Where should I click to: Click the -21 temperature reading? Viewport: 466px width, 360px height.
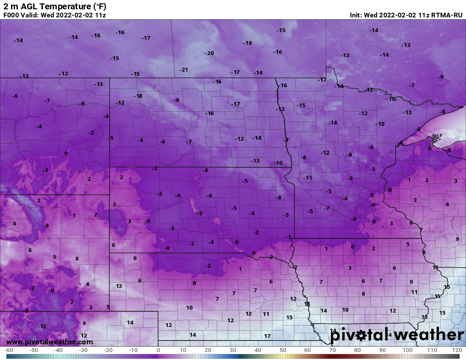click(183, 69)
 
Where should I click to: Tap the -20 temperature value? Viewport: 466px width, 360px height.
click(209, 53)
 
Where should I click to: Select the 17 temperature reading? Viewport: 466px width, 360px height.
click(267, 336)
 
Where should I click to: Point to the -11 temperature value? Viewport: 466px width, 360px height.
click(308, 177)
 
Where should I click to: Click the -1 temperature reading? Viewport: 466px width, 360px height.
click(288, 236)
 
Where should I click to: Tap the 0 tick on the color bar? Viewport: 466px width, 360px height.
click(158, 350)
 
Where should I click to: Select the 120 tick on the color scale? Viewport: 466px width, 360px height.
click(457, 350)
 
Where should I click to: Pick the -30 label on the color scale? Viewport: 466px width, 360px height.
click(83, 350)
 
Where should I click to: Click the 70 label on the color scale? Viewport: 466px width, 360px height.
click(333, 350)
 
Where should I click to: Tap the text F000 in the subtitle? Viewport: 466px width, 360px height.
click(11, 15)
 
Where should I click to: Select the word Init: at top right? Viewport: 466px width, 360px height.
click(357, 15)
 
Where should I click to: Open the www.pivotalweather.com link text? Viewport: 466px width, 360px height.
click(50, 342)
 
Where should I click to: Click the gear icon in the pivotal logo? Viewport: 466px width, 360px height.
click(361, 335)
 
